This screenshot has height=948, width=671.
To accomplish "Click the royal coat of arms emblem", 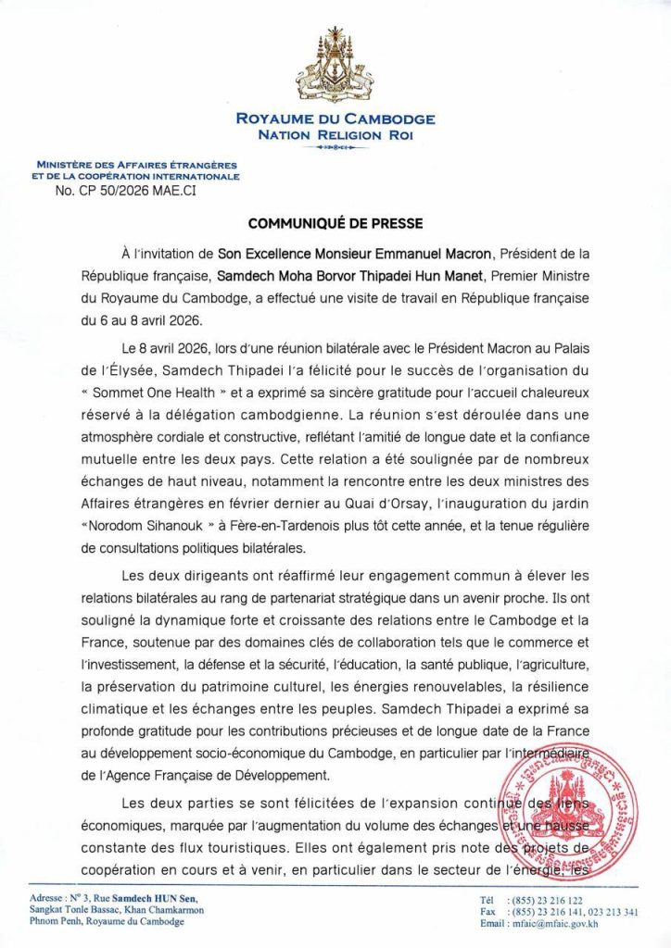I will pos(335,68).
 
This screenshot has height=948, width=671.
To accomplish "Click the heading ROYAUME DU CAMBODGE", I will pos(335,119).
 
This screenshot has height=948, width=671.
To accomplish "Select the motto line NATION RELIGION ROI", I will pos(335,135).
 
